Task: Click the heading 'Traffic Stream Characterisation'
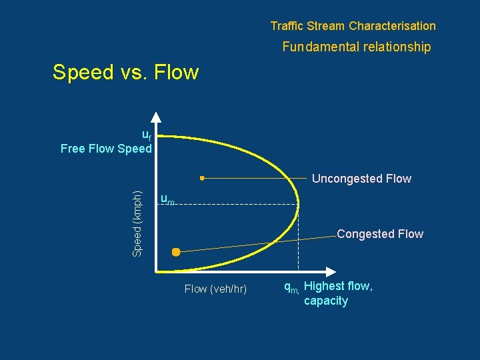[x=353, y=26]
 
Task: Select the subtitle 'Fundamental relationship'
[x=356, y=47]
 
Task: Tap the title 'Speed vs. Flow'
[x=125, y=72]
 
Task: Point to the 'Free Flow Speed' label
[x=106, y=149]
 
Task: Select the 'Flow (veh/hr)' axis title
[x=215, y=289]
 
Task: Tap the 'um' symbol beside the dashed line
[x=167, y=199]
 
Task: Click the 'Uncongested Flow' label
[x=361, y=179]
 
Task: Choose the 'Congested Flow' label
[x=379, y=233]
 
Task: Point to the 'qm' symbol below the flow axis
[x=291, y=287]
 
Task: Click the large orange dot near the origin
[x=176, y=252]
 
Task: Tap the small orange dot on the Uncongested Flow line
[x=202, y=178]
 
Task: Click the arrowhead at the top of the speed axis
[x=155, y=116]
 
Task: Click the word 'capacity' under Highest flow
[x=325, y=301]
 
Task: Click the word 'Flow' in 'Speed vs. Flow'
[x=176, y=72]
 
